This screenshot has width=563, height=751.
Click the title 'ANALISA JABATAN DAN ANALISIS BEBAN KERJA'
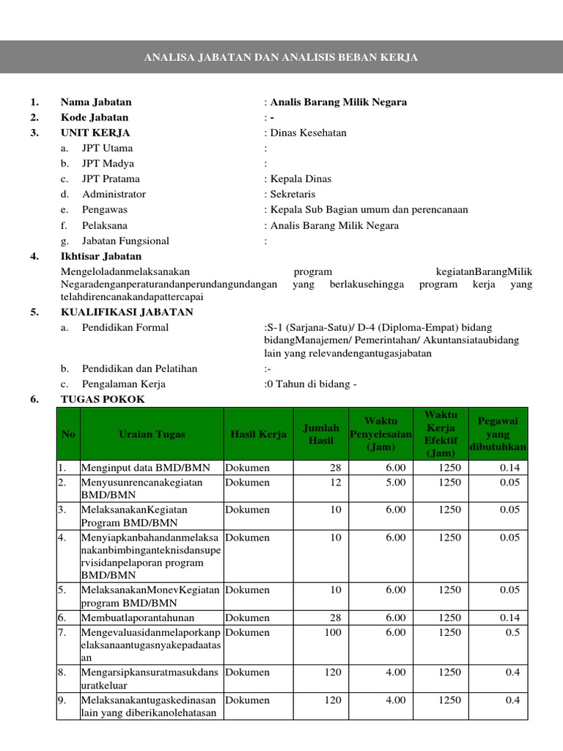(x=281, y=57)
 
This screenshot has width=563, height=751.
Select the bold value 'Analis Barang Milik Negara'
(x=338, y=102)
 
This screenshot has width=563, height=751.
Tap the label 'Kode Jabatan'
(x=94, y=117)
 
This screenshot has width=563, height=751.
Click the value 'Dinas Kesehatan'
(x=308, y=133)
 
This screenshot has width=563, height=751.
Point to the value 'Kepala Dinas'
(x=301, y=179)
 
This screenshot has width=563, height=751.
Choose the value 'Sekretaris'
(x=292, y=194)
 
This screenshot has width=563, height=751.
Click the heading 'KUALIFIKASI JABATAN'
(x=127, y=312)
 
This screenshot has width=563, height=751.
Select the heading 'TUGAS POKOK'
(x=103, y=399)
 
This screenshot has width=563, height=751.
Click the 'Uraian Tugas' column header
(x=152, y=434)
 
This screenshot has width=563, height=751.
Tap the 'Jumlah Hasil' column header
(x=320, y=434)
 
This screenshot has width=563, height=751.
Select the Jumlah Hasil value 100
(x=332, y=632)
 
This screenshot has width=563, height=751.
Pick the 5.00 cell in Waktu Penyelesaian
(x=395, y=483)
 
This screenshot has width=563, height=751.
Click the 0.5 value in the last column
(x=512, y=632)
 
